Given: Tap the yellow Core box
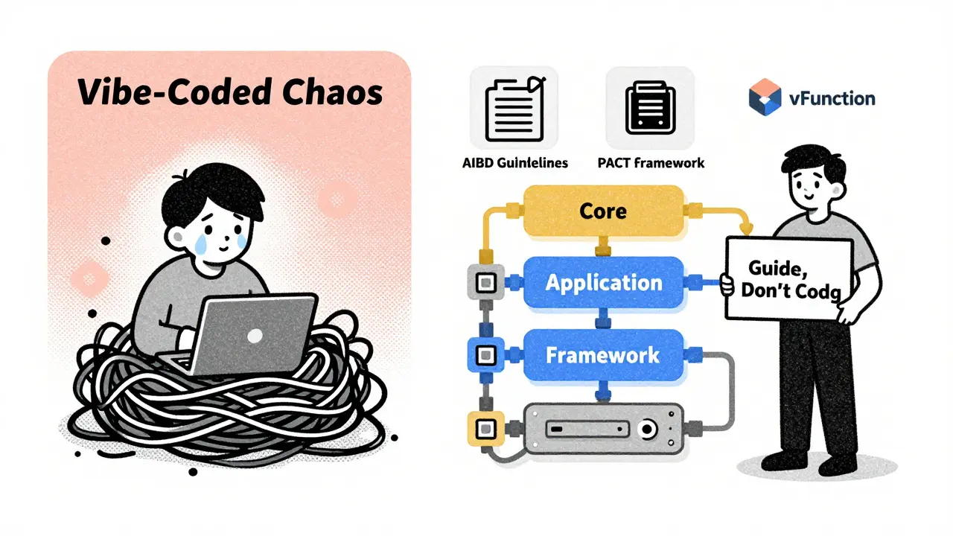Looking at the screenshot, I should (x=602, y=211).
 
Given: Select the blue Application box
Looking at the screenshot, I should (x=603, y=283).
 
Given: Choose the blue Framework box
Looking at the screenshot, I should (x=603, y=355).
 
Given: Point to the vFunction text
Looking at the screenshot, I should (x=832, y=98).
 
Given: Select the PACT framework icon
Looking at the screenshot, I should (x=649, y=109).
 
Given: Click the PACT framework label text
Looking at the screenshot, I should (x=650, y=163).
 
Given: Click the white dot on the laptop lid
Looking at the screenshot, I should (x=255, y=336).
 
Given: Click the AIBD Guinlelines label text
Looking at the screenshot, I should (x=514, y=163).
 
